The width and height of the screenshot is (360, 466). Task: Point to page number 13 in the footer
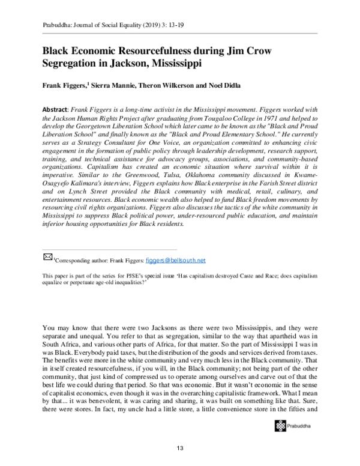[179, 449]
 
